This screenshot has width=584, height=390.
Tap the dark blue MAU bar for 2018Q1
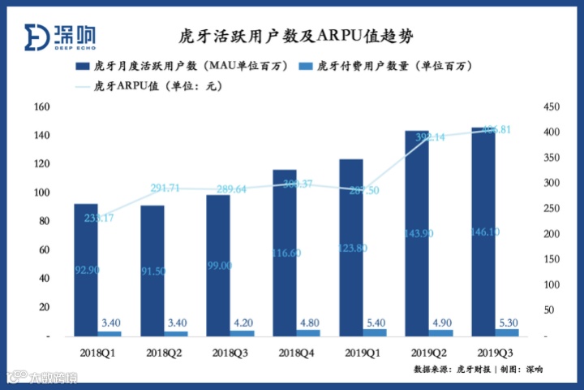(x=86, y=268)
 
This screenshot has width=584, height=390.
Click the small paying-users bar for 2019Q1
(x=376, y=332)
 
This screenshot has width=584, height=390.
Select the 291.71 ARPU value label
(x=167, y=188)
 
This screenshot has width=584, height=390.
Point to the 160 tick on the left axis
(x=44, y=107)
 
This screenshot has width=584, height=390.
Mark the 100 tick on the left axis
(x=44, y=193)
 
